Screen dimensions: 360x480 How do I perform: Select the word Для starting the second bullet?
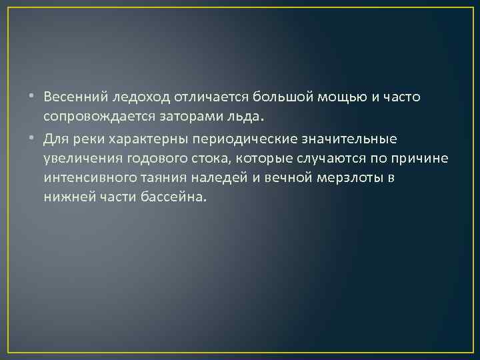pos(55,139)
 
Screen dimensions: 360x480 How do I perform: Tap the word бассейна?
pos(173,199)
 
